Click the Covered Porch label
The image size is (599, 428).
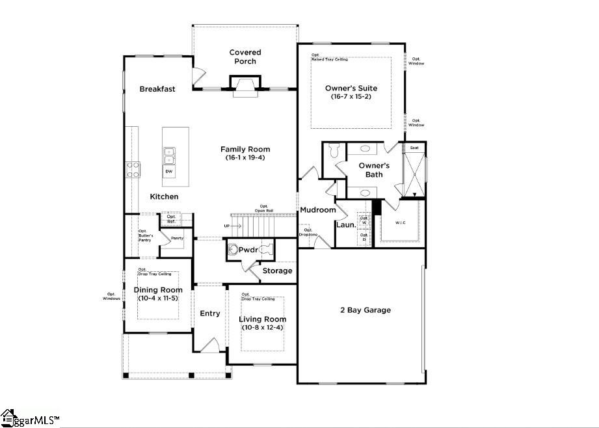245,57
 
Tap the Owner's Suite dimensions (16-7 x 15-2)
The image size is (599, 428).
351,97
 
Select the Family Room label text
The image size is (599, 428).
245,149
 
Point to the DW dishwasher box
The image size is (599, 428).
169,172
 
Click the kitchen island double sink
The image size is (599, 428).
169,155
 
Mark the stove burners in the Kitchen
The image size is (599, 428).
133,170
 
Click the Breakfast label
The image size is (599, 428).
157,89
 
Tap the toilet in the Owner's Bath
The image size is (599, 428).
333,151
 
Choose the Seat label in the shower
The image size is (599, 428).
414,148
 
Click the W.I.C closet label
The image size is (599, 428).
401,222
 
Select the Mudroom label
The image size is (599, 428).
317,209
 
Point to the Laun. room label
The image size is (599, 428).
345,224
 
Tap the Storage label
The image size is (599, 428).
277,271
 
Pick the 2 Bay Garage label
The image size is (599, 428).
365,310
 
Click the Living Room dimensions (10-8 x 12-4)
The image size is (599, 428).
262,327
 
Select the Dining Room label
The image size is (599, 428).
158,289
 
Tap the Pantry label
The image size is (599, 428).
177,238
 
